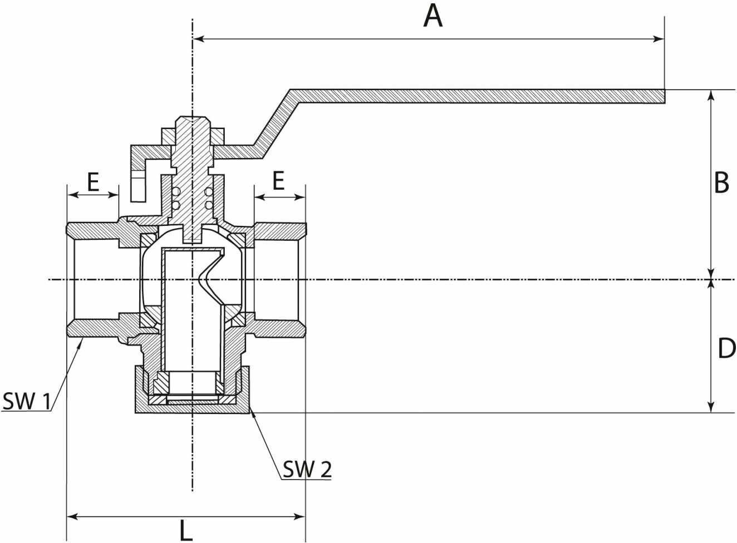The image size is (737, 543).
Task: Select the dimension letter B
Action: pos(721,183)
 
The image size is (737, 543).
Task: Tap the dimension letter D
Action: pos(726,348)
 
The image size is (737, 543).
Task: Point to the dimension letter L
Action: pos(186,530)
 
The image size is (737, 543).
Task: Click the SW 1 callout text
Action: pos(26,401)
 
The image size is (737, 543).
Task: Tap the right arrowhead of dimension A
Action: pos(659,40)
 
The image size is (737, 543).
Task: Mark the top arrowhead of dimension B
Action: pos(711,95)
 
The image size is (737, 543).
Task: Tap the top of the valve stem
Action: pos(192,117)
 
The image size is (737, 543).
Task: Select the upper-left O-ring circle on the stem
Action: pos(176,191)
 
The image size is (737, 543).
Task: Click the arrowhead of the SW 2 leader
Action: pos(252,412)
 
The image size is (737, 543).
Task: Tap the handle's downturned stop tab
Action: pos(138,185)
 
